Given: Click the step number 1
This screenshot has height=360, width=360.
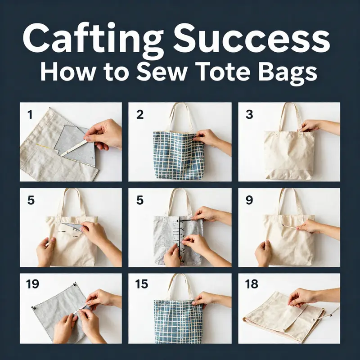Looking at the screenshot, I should [30, 114].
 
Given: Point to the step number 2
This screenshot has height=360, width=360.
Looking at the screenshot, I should [140, 114].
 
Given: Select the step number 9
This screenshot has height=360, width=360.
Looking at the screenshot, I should [249, 200].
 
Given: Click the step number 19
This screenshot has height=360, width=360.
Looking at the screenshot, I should [33, 284].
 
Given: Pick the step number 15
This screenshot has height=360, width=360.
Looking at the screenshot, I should [142, 284].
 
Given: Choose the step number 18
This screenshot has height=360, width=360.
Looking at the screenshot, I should [252, 284].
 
